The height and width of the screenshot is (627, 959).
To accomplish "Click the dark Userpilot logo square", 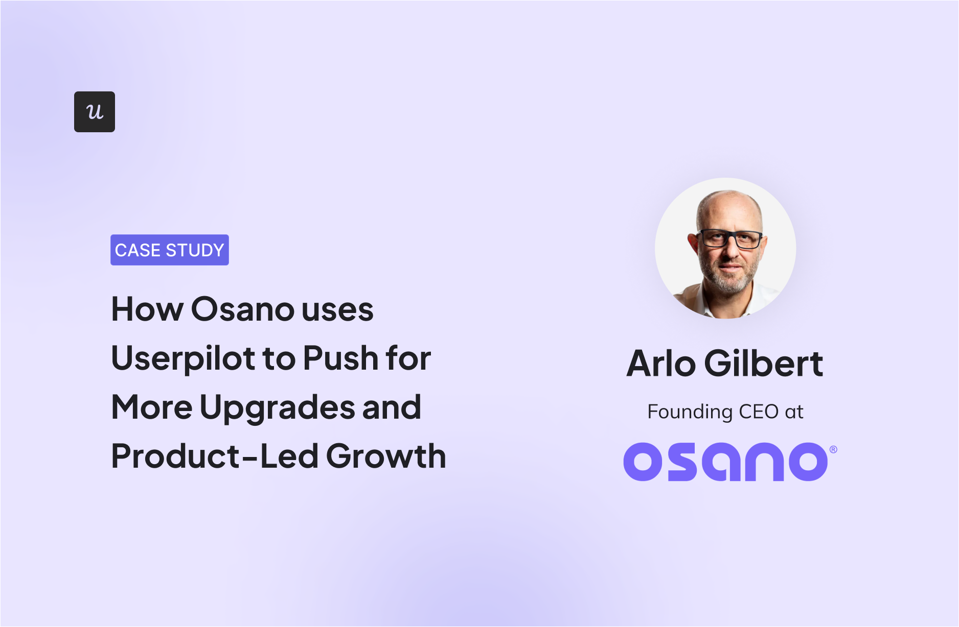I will pyautogui.click(x=95, y=112).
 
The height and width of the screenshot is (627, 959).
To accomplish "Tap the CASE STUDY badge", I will pyautogui.click(x=169, y=250).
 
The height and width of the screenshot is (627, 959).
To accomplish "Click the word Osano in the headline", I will pyautogui.click(x=243, y=309).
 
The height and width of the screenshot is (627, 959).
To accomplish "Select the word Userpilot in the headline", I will pyautogui.click(x=183, y=358).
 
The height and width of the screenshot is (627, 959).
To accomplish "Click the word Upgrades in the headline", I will pyautogui.click(x=277, y=408).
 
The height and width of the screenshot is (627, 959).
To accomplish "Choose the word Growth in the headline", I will pyautogui.click(x=386, y=456).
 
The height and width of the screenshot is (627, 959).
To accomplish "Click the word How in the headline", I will pyautogui.click(x=147, y=309).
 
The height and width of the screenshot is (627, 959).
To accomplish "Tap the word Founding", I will pyautogui.click(x=690, y=412).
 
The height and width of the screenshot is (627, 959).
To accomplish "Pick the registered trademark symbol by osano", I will pyautogui.click(x=833, y=450).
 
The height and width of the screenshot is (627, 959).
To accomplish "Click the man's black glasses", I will pyautogui.click(x=730, y=238).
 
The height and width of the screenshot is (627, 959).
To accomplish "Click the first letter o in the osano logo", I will pyautogui.click(x=643, y=462).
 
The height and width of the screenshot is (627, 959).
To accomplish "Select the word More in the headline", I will pyautogui.click(x=152, y=408).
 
